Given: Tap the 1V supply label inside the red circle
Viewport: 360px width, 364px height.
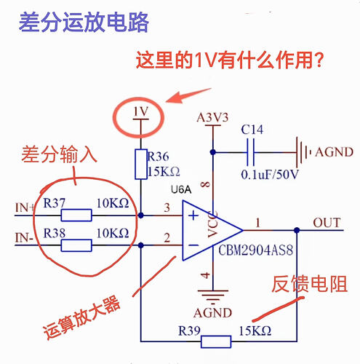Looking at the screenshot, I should (x=140, y=111).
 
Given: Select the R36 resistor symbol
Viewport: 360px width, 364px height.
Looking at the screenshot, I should (x=141, y=165).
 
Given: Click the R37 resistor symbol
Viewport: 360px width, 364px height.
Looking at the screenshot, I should (x=76, y=215).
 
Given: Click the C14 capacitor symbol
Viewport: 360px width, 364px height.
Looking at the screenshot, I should (x=254, y=153).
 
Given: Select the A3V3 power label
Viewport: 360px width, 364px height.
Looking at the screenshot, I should (x=212, y=117).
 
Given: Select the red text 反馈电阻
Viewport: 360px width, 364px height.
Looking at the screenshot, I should (x=305, y=283).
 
